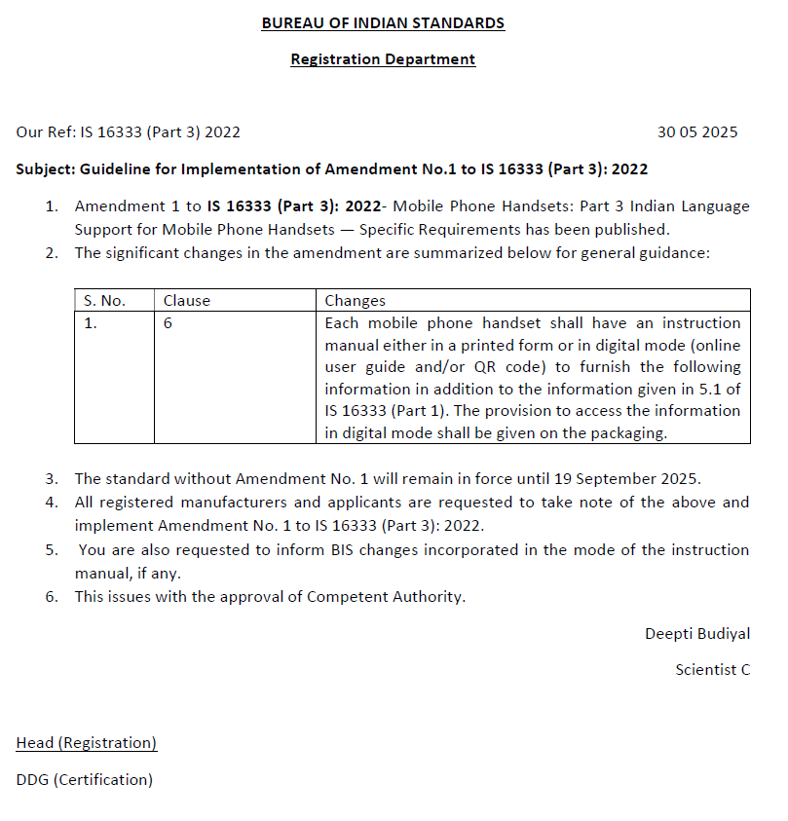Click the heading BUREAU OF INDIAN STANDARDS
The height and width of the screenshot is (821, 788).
tap(383, 22)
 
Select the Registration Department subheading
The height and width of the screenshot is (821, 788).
tap(383, 59)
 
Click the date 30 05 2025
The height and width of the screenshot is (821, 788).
tap(697, 132)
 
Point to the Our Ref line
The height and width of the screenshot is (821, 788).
tap(128, 132)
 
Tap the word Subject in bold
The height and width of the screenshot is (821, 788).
tap(45, 169)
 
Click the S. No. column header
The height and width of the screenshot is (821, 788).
tap(104, 301)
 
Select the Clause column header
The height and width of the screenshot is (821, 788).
tap(186, 301)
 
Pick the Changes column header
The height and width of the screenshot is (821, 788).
tap(355, 301)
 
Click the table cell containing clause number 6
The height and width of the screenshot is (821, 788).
tap(168, 323)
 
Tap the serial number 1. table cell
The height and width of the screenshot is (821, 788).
tap(91, 323)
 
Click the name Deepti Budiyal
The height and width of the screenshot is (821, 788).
tap(697, 634)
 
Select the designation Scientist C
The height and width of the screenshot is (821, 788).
tap(712, 670)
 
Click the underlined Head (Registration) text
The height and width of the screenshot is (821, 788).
tap(87, 743)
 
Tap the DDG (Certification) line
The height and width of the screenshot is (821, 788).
tap(85, 780)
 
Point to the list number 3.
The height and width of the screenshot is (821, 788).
tap(52, 479)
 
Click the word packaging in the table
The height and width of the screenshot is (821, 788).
tap(628, 433)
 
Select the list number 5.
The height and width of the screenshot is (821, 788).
tap(52, 550)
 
